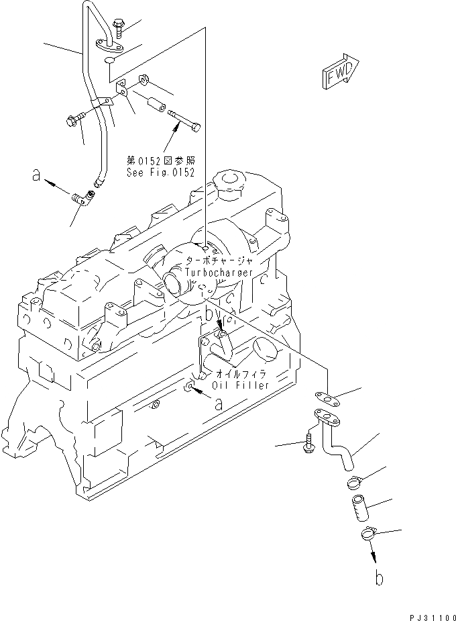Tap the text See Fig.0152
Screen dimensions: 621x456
[160, 173]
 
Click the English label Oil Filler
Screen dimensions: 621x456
[240, 385]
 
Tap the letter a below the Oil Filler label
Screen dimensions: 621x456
[218, 403]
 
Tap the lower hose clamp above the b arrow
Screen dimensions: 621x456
[367, 535]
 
